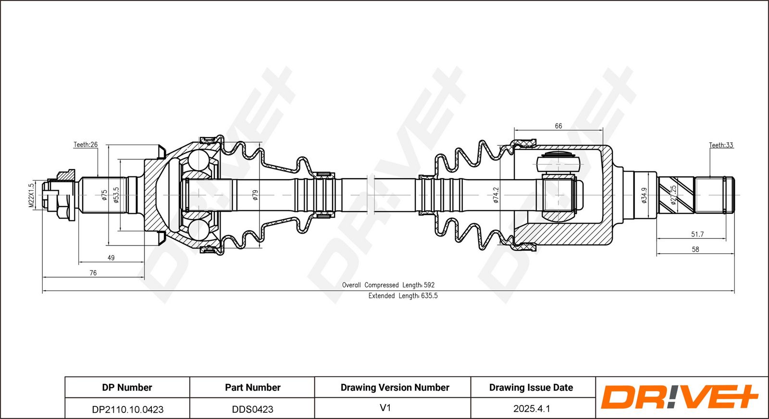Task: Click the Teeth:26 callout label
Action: (x=86, y=145)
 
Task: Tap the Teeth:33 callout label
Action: (x=721, y=145)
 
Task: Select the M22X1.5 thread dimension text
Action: (x=31, y=195)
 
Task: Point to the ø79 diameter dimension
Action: (x=255, y=195)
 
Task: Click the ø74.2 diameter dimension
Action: (x=496, y=195)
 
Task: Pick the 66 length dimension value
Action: (x=558, y=126)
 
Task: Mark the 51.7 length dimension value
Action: (x=697, y=234)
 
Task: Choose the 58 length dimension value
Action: (x=695, y=249)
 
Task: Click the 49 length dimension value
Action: (x=111, y=258)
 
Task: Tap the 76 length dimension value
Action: (x=93, y=273)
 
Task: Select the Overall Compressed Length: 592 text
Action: (x=388, y=285)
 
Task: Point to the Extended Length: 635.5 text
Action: (x=403, y=296)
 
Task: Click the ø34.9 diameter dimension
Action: (x=645, y=195)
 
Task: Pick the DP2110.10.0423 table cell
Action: (x=128, y=409)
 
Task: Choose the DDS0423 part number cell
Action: (x=253, y=409)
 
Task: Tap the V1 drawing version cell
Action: (x=385, y=408)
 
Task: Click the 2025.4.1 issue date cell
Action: (x=532, y=409)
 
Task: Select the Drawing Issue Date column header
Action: (x=531, y=387)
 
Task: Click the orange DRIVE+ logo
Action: (x=679, y=397)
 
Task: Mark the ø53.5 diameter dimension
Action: (x=116, y=195)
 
